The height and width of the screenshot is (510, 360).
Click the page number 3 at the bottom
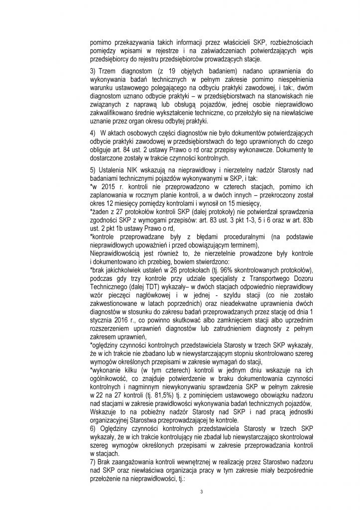(201, 493)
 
